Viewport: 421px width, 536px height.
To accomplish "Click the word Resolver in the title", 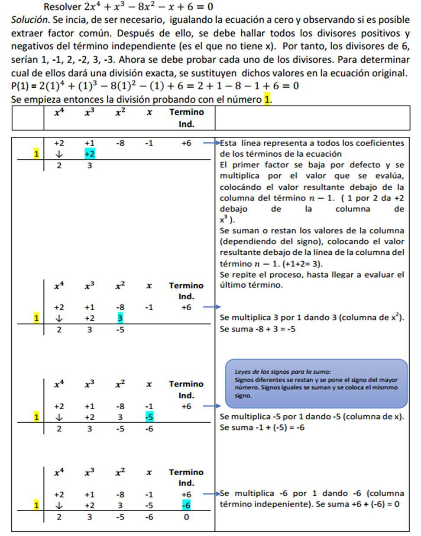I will (x=62, y=7).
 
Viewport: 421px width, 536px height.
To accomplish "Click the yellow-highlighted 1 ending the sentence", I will (x=267, y=99).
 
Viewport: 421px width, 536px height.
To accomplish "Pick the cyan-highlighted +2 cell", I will (x=90, y=154).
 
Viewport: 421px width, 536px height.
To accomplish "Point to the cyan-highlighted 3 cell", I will (x=120, y=318).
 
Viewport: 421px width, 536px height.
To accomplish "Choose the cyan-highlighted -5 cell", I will (x=149, y=417).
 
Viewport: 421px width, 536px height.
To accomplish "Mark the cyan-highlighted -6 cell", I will (x=186, y=505).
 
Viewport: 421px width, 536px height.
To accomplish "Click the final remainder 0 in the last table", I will (x=186, y=517).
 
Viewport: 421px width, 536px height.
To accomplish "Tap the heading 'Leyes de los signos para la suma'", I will (x=282, y=372).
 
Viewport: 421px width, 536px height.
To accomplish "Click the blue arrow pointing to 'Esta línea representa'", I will (x=212, y=143).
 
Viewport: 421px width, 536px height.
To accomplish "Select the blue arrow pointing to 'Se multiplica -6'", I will (x=212, y=494).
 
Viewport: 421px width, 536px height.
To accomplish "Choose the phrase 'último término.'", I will (x=251, y=285).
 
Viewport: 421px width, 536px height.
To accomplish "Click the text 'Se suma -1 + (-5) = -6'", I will (x=262, y=427).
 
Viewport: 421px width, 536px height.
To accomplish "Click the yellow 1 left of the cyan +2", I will (x=36, y=154).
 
